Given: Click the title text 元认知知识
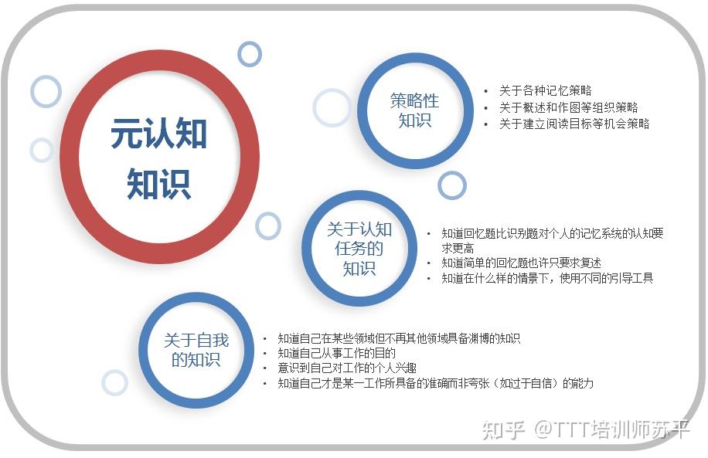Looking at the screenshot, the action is click(x=159, y=158).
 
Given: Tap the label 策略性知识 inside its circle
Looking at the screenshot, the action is click(x=414, y=110).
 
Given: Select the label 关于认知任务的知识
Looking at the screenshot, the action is click(x=359, y=249).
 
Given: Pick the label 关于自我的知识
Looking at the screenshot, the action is click(x=196, y=350).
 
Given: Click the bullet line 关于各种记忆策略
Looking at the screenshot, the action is click(x=545, y=90).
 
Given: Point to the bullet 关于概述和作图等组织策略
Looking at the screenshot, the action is click(x=568, y=107).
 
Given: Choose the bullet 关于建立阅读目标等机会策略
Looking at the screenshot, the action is click(x=574, y=124).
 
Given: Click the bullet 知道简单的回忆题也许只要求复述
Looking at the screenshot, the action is click(x=521, y=263).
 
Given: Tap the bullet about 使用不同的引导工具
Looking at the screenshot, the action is click(x=547, y=278).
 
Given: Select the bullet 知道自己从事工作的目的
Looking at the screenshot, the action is click(x=336, y=353).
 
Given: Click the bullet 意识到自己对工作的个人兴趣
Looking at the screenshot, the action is click(x=347, y=368).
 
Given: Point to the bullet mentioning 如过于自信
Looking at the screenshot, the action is click(x=435, y=383).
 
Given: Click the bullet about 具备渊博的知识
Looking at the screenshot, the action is click(x=399, y=338).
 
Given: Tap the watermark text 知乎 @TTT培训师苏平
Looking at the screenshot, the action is click(x=586, y=429).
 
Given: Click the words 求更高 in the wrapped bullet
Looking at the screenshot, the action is click(x=458, y=248).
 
